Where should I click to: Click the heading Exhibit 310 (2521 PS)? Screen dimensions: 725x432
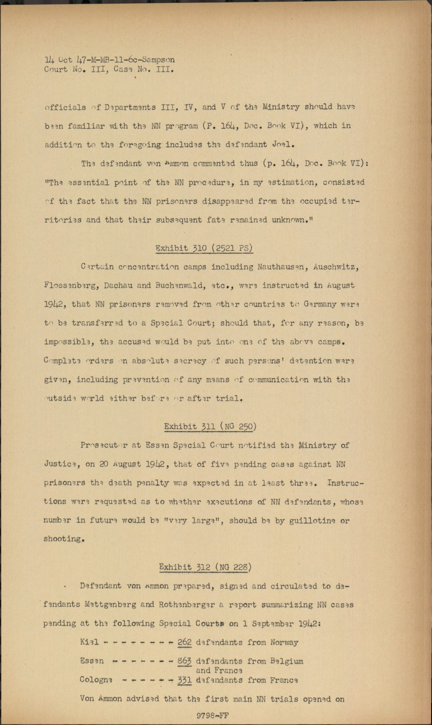(204, 248)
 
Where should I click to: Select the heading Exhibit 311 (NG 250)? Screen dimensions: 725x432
(210, 426)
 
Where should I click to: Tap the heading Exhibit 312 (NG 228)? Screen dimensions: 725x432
(205, 567)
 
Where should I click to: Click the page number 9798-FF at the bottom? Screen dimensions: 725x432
(212, 715)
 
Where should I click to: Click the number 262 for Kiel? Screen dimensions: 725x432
(184, 642)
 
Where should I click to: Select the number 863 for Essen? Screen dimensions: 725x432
(184, 661)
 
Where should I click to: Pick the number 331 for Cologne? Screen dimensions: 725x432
(184, 680)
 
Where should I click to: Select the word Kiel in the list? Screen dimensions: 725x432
(89, 642)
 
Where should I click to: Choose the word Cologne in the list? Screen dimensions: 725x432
(96, 680)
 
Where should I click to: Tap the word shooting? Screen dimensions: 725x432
(64, 539)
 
